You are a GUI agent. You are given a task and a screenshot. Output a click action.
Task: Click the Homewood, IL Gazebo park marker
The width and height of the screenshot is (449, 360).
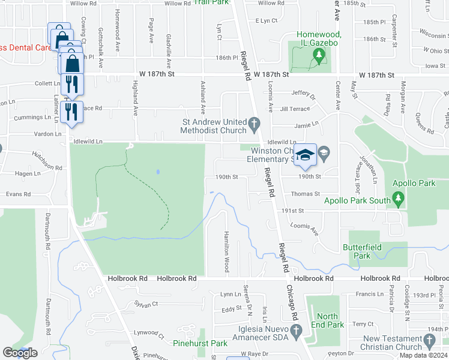pos(319,56)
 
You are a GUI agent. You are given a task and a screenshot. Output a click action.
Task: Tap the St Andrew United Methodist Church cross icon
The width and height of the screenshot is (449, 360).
pos(254,125)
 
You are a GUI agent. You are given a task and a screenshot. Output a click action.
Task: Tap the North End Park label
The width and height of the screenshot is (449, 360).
pos(328,320)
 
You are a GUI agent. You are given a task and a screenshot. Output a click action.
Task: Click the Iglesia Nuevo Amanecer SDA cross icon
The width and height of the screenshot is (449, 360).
pos(295,329)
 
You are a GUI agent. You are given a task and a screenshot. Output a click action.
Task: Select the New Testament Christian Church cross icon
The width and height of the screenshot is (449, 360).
pos(429,341)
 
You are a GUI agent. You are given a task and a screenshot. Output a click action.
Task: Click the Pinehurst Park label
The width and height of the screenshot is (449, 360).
pos(200,343)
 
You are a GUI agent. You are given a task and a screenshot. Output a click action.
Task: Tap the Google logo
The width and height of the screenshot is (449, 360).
pos(20,352)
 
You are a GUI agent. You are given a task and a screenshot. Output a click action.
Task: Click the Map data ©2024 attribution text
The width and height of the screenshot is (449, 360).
pos(423,355)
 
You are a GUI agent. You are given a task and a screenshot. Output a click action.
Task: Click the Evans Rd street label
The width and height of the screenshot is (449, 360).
pos(18,194)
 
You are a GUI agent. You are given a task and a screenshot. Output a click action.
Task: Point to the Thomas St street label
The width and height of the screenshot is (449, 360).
pos(306,194)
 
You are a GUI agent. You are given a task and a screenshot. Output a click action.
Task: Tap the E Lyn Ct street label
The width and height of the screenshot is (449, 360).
pos(266,20)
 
